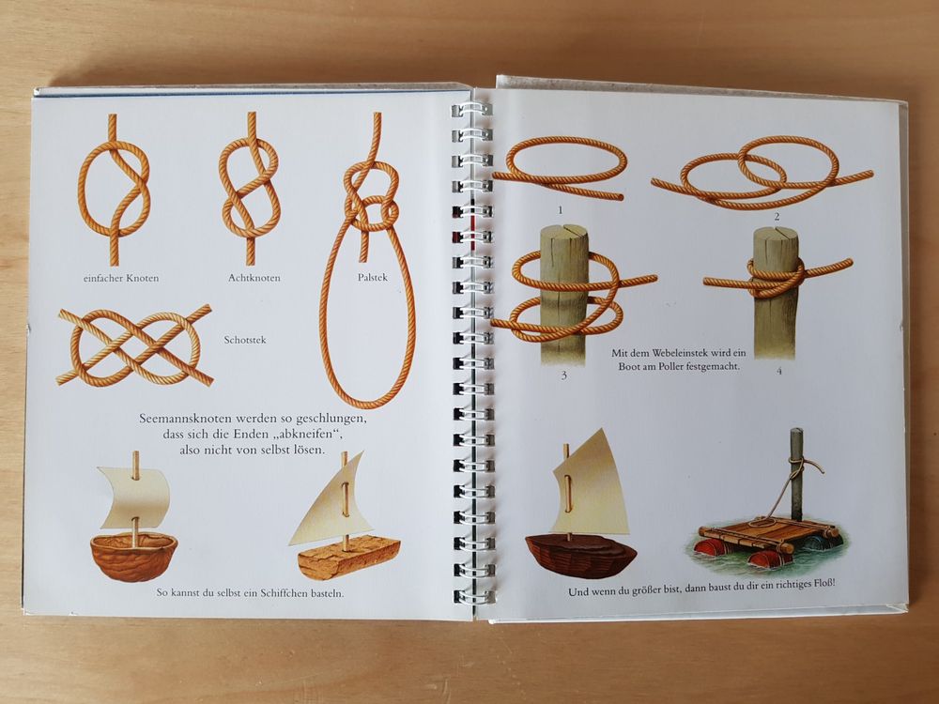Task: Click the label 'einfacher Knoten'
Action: coord(121,278)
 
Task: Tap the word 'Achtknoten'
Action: coord(254,278)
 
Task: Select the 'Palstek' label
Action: coord(373,277)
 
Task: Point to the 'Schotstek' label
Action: coord(245,340)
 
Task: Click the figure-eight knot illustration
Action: coord(250,189)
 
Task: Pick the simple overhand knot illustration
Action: coord(114,190)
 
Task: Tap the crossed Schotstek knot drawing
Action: coord(135,344)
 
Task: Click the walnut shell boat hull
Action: coord(133,556)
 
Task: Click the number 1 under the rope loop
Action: coord(561,210)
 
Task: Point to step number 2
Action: coord(777,217)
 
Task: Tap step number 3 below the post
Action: coord(563,376)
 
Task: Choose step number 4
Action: coord(779,371)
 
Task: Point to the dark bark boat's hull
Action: coord(580,556)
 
